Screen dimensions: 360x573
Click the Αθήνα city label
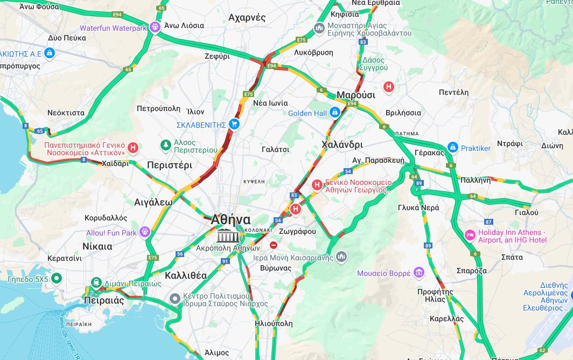click(230, 220)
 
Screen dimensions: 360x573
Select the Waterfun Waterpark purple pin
click(156, 26)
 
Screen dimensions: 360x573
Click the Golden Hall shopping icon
click(335, 113)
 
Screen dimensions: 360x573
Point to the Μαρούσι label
click(355, 95)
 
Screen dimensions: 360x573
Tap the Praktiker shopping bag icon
click(452, 148)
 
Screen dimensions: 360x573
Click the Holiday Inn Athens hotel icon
click(470, 236)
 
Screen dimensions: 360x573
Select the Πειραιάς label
click(103, 301)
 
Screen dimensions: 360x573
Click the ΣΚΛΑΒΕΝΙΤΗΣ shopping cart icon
click(234, 124)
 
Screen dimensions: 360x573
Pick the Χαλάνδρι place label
click(342, 144)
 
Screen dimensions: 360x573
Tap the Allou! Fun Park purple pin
click(144, 232)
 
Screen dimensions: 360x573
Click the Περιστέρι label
click(169, 165)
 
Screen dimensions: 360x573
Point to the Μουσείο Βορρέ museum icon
click(419, 273)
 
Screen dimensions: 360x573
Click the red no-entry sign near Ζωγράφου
click(274, 245)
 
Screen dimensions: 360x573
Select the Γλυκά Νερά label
click(418, 207)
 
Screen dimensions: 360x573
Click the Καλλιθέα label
click(186, 275)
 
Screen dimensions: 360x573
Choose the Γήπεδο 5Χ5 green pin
click(57, 279)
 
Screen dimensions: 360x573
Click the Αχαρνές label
click(247, 17)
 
